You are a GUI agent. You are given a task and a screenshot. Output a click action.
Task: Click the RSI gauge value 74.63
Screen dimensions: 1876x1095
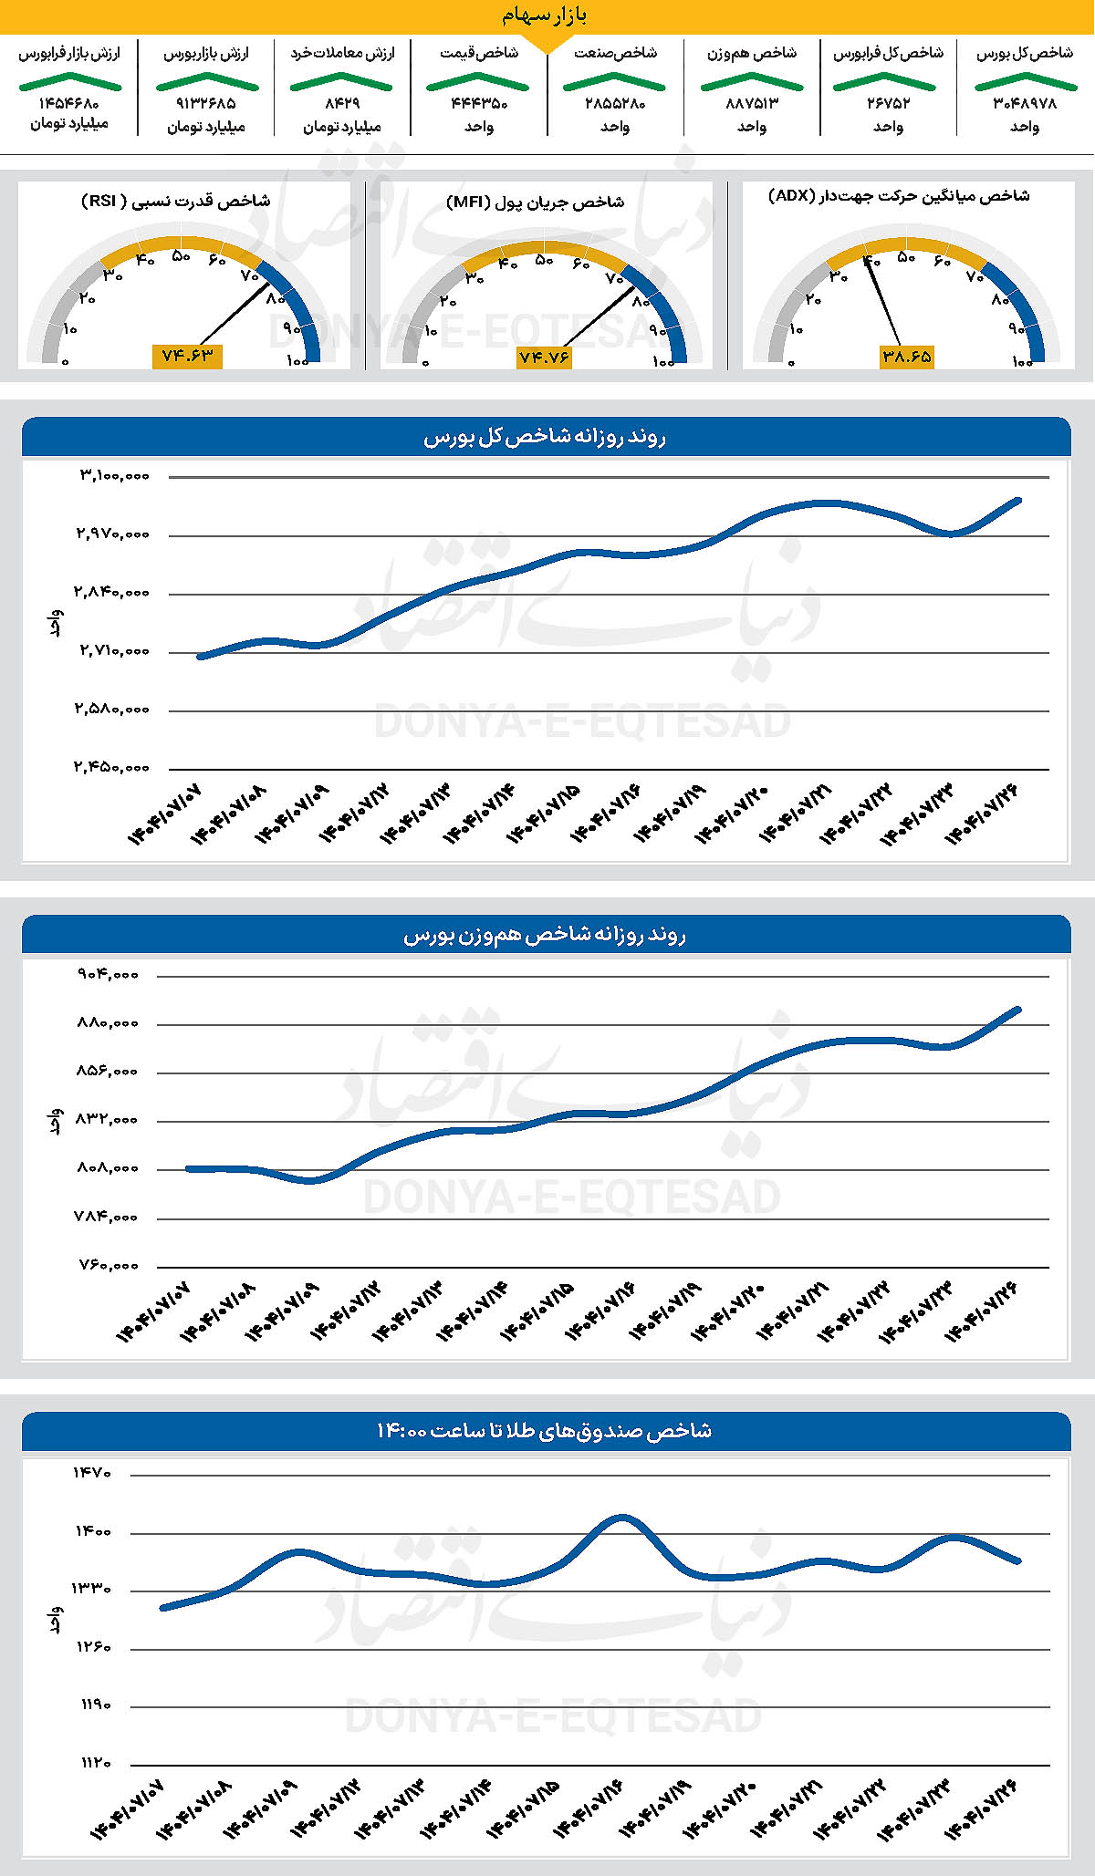point(186,356)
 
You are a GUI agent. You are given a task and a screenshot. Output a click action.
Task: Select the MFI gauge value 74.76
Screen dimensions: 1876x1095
point(545,358)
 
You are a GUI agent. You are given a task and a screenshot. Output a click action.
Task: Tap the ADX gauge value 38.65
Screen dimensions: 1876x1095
point(907,357)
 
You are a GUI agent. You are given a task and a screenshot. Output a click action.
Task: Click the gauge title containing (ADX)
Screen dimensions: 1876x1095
point(899,196)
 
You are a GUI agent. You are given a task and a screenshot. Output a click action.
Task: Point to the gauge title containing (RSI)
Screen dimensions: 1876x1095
point(175,201)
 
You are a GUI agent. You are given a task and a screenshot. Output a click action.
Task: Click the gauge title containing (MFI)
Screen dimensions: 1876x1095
point(535,202)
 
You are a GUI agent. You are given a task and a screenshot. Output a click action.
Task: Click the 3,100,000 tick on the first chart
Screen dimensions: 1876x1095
point(114,476)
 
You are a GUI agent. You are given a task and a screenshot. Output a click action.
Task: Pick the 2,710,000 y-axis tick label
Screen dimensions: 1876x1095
point(114,651)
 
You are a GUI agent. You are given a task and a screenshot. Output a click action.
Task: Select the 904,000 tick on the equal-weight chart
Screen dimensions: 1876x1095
point(108,975)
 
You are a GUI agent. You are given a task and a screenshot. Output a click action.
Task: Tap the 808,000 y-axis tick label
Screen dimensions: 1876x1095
point(108,1168)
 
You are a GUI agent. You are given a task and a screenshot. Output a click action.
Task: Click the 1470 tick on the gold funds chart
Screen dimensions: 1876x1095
point(93,1473)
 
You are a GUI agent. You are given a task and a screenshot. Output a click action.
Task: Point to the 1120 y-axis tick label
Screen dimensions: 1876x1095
point(93,1763)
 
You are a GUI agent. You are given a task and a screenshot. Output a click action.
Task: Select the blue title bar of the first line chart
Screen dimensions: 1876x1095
point(546,438)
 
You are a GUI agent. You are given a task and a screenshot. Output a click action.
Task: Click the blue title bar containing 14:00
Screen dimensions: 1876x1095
point(546,1431)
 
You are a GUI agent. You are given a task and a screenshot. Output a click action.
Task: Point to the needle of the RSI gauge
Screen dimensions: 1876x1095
point(234,314)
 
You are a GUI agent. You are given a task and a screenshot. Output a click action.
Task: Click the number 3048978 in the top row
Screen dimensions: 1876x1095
point(1025,104)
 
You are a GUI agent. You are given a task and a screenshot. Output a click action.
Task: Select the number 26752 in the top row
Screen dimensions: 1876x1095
point(888,104)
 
